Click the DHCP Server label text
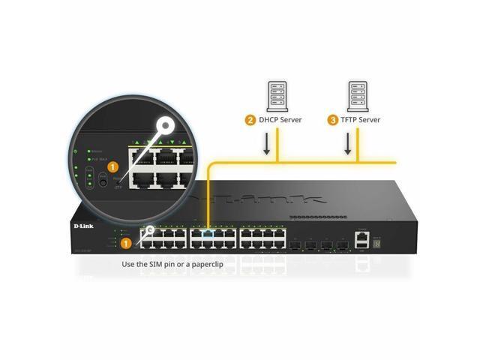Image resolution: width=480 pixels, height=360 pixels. tap(281, 119)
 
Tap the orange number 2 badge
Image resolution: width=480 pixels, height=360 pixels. tap(250, 119)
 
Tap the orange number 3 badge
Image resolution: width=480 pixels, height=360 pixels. tap(332, 119)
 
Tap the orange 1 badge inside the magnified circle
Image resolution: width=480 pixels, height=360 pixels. tap(112, 166)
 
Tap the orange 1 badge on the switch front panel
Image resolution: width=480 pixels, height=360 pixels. tap(126, 243)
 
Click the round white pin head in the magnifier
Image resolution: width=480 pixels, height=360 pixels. tap(163, 126)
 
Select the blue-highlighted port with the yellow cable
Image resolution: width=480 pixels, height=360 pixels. tap(207, 233)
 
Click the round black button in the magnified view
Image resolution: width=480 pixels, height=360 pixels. tap(101, 182)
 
